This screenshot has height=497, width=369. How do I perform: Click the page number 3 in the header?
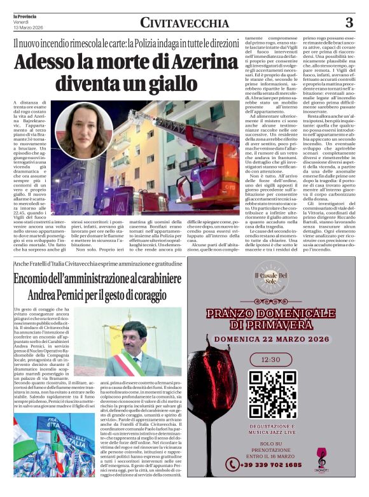349,23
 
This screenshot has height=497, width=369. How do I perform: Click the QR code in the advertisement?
272,394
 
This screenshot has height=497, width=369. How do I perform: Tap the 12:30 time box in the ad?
272,360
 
